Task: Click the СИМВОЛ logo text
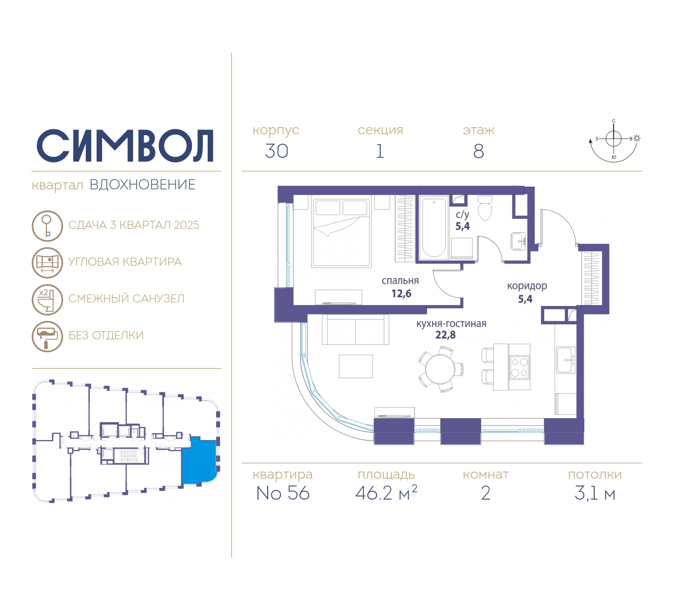click(125, 146)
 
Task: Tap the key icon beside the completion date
click(47, 226)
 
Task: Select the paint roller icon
click(47, 336)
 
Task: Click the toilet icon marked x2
click(47, 300)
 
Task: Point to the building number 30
click(277, 151)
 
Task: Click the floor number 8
click(478, 151)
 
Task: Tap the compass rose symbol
click(614, 141)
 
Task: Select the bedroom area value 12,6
click(401, 293)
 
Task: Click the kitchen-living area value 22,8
click(445, 335)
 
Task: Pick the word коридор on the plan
click(527, 286)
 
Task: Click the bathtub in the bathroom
click(434, 228)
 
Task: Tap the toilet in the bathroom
click(484, 208)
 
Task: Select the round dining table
click(440, 369)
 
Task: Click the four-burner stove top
click(519, 368)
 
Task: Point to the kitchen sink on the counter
click(566, 360)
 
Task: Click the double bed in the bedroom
click(341, 232)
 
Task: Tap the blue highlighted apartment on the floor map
click(199, 460)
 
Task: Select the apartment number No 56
click(282, 493)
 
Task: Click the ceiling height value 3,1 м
click(595, 494)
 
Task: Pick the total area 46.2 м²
click(386, 493)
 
